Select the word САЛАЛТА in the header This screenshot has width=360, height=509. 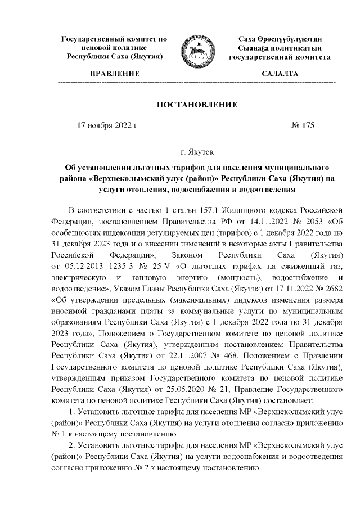coord(280,74)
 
